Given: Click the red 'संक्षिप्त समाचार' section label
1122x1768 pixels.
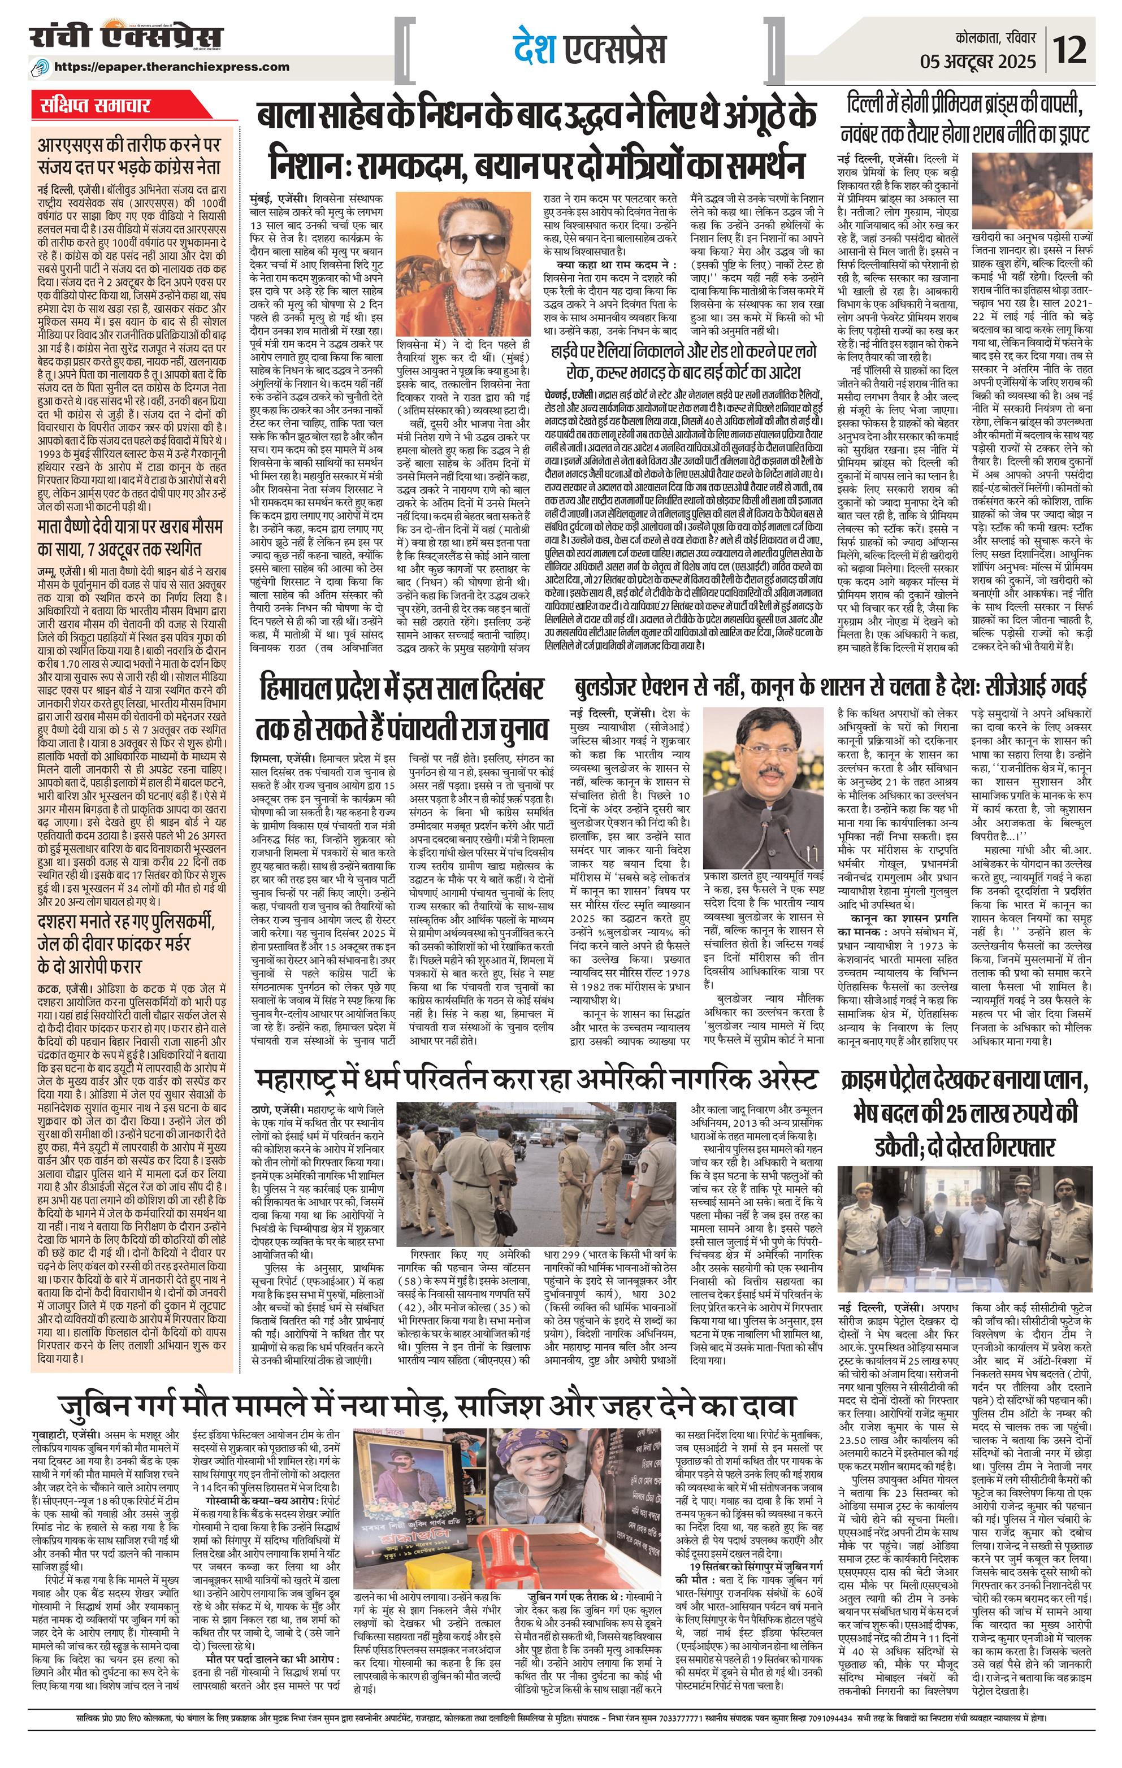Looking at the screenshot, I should coord(96,106).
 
